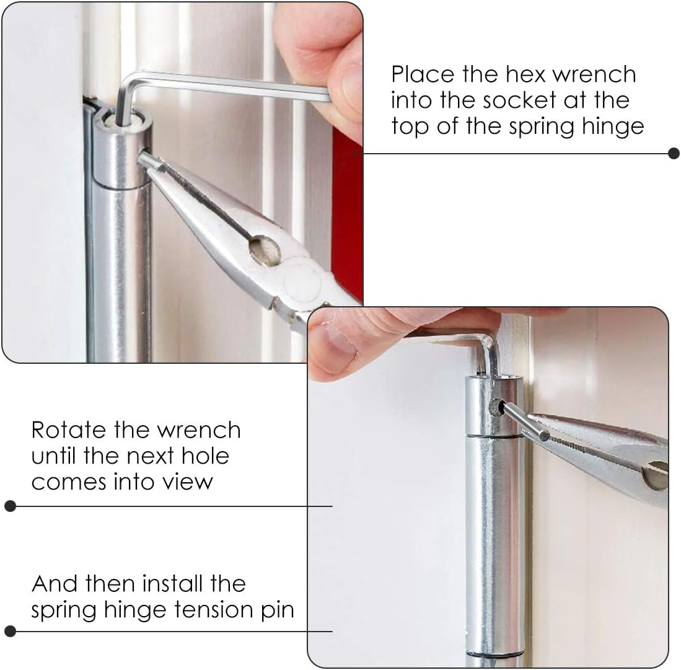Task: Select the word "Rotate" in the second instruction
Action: click(x=68, y=430)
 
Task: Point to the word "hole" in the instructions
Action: click(x=208, y=456)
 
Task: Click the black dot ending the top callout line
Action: click(x=674, y=154)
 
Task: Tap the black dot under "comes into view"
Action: click(x=10, y=506)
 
